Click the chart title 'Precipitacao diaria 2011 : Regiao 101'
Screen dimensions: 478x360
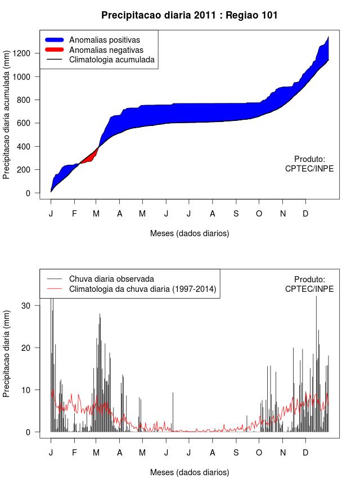[190, 15]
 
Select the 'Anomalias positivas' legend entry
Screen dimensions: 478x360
[104, 40]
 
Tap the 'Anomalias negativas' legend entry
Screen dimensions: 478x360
[106, 50]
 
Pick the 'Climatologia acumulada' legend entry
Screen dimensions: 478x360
[111, 60]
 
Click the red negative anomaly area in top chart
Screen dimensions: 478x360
[89, 157]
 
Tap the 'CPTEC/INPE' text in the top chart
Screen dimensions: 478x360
[309, 169]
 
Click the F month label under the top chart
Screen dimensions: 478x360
[74, 214]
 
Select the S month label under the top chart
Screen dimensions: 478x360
[236, 214]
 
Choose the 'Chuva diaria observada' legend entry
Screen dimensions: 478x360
[111, 279]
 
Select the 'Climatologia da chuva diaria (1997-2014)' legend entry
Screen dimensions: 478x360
[143, 289]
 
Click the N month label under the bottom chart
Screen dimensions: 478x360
[283, 453]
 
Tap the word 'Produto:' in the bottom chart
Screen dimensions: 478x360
[309, 279]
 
